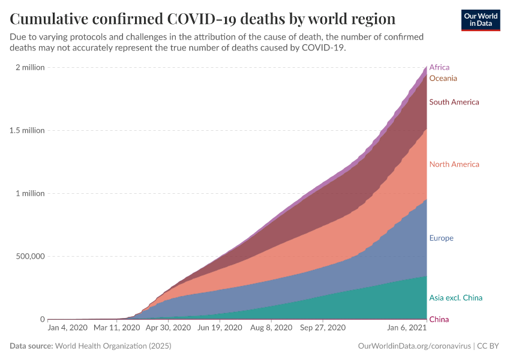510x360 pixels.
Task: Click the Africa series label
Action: tap(439, 67)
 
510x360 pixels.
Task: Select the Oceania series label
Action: tap(443, 79)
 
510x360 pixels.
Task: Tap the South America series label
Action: tap(454, 102)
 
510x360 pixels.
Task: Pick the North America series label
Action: tap(454, 164)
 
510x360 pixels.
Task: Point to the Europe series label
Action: tap(441, 238)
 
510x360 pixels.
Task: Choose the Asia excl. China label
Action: tap(455, 298)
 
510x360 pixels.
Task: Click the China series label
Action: tap(439, 319)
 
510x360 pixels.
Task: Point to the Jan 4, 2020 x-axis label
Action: tap(67, 328)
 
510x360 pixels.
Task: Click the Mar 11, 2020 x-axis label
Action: tap(116, 328)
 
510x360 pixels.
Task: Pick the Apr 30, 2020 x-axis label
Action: tap(168, 328)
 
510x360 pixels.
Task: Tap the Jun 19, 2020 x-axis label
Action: tap(220, 328)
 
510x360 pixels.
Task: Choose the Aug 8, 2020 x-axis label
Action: tap(271, 328)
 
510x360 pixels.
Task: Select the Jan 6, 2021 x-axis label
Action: tap(407, 328)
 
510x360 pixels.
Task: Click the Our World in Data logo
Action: tap(481, 20)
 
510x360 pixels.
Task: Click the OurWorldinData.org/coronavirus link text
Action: tap(414, 346)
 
